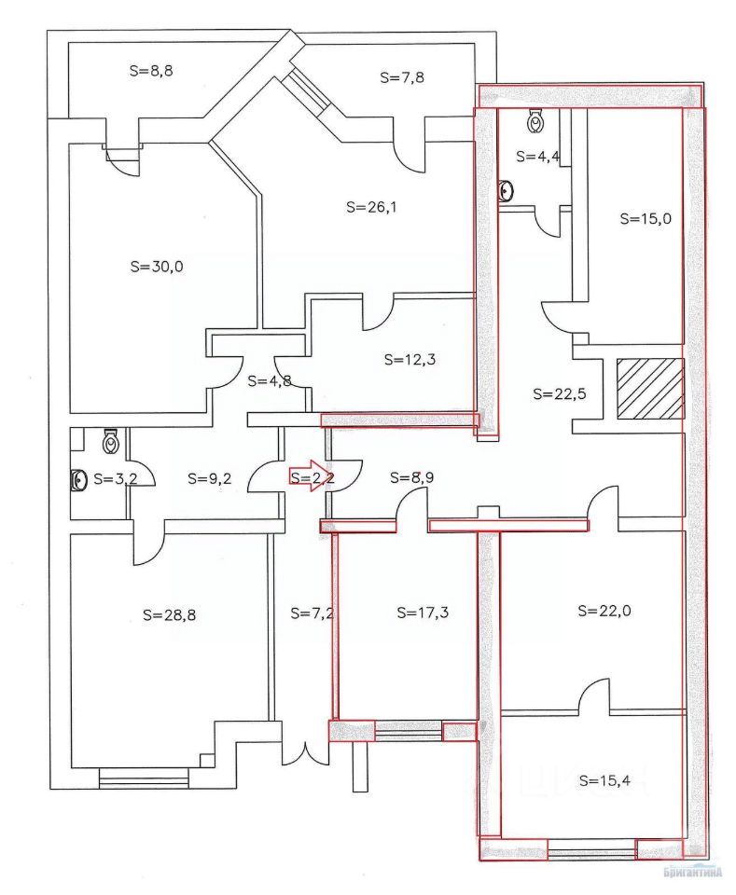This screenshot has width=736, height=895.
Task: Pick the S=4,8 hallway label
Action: [270, 380]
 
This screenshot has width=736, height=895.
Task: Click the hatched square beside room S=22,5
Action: [650, 389]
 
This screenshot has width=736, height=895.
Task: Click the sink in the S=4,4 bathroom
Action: [507, 191]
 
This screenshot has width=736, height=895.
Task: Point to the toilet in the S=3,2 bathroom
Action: [110, 441]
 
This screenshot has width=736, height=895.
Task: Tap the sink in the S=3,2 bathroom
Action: [78, 480]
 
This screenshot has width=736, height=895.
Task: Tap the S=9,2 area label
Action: [209, 479]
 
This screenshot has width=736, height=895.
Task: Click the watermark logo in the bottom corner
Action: [693, 873]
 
